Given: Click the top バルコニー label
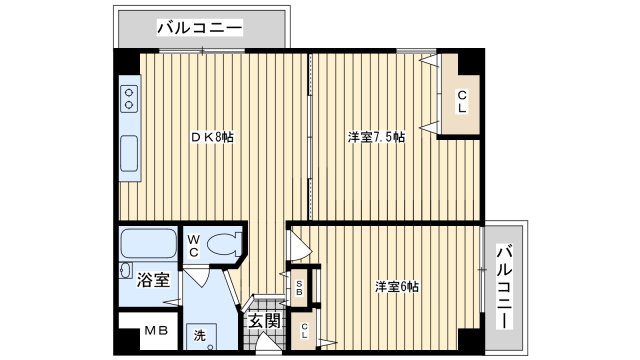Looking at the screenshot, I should coord(200,29).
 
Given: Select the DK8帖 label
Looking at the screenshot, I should coord(213,137).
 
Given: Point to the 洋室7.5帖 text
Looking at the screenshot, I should coord(376,137).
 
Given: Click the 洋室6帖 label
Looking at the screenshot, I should coord(397,287).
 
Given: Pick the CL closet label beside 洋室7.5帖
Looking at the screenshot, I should coord(463,101).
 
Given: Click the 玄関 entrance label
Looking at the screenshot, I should coord(264,322).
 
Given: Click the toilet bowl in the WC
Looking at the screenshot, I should coord(228,243).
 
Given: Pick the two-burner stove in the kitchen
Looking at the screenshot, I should coord(130,100).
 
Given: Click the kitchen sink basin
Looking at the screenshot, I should coord(130,154).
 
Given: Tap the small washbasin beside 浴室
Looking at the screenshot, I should coord(125,271).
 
